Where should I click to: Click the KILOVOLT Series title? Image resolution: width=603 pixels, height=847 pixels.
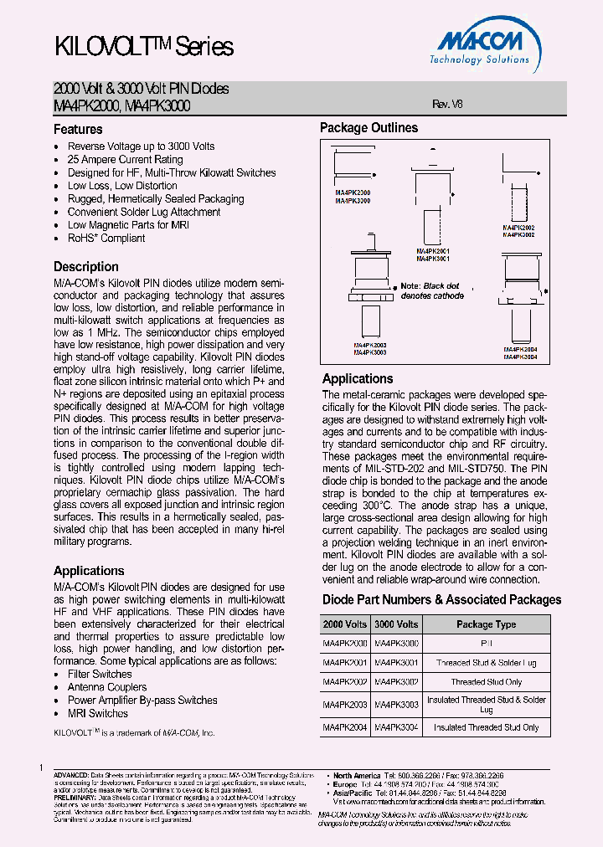click(143, 47)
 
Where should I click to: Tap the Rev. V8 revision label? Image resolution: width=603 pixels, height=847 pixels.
click(446, 105)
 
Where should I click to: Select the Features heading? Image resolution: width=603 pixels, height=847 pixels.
click(78, 130)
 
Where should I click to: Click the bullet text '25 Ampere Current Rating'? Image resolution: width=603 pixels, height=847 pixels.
click(125, 159)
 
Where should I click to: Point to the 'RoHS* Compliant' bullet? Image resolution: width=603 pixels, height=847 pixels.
click(106, 238)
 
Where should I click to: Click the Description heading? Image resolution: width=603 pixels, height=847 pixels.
click(86, 267)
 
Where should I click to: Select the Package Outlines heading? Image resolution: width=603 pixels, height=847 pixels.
click(368, 128)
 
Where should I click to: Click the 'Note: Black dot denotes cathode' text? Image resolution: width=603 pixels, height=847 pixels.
click(431, 290)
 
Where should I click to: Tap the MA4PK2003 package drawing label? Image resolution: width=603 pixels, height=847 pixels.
click(369, 345)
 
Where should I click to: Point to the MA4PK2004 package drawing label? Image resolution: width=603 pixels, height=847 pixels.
click(520, 350)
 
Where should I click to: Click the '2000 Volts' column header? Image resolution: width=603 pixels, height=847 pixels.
click(345, 624)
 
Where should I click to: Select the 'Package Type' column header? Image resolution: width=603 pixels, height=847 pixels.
click(486, 624)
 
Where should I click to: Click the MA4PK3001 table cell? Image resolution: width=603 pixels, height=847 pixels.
click(396, 662)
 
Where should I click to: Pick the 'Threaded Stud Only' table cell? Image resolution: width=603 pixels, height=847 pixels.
click(486, 682)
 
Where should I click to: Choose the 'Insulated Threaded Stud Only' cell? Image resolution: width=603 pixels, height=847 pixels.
click(486, 727)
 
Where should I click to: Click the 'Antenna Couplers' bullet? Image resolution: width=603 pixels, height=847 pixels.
click(107, 687)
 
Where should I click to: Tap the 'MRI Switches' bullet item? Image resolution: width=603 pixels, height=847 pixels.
click(98, 713)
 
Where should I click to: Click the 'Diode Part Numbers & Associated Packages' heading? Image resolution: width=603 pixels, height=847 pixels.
click(441, 599)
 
